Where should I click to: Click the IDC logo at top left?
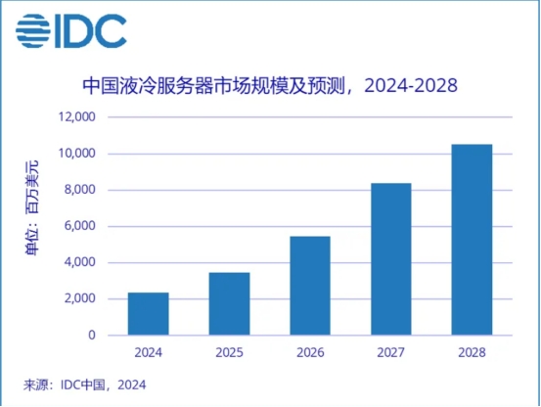click(x=70, y=31)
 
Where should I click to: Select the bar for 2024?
click(x=148, y=313)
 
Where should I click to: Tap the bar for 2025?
click(x=229, y=303)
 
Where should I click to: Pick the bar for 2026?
click(x=310, y=286)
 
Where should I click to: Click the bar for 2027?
click(x=391, y=259)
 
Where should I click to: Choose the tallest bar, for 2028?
click(x=472, y=240)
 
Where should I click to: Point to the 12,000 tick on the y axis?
click(x=75, y=117)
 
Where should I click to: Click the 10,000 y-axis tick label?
click(x=75, y=154)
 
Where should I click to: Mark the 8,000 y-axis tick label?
click(x=78, y=190)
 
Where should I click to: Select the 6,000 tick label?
click(x=78, y=226)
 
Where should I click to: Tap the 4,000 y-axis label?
click(x=78, y=262)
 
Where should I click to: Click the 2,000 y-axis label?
click(x=78, y=298)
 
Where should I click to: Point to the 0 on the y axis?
click(x=91, y=335)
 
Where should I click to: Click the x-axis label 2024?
click(x=148, y=351)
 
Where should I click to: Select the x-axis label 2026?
click(x=310, y=351)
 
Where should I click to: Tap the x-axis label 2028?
click(x=472, y=351)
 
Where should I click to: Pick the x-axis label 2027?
click(x=391, y=351)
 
